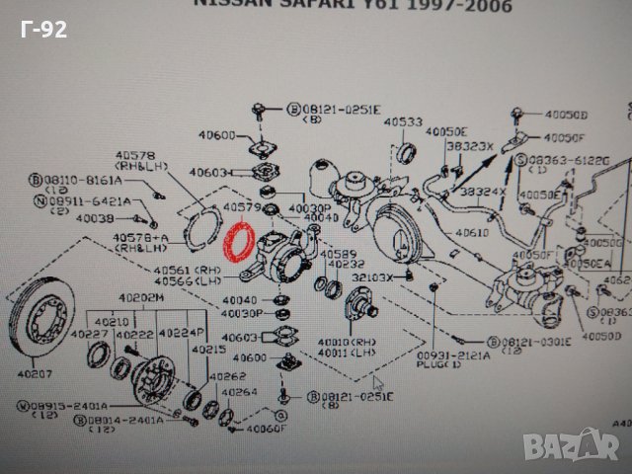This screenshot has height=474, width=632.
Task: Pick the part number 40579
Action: (x=241, y=207)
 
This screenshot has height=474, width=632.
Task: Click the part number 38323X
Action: (x=466, y=144)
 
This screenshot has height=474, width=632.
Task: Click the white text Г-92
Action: (x=43, y=31)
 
